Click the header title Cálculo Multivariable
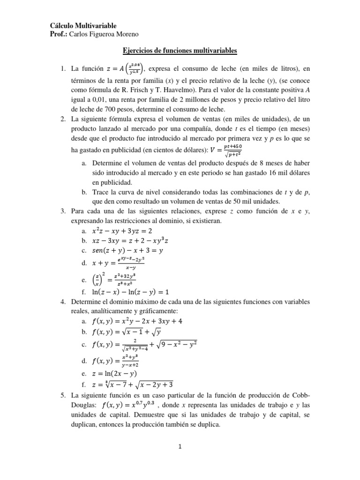[83, 25]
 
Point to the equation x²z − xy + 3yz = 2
[123, 231]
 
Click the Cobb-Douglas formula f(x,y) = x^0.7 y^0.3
[132, 405]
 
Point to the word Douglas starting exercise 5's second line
[82, 405]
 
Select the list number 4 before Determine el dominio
[63, 301]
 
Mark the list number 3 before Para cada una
[63, 211]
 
